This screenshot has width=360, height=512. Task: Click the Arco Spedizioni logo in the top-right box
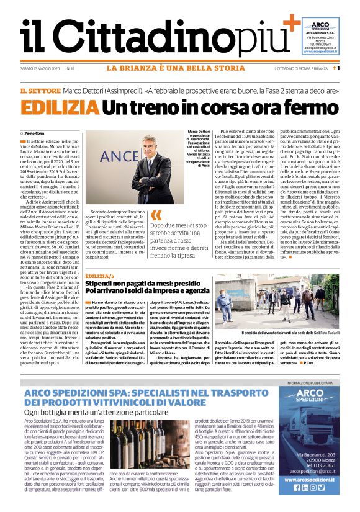pos(320,25)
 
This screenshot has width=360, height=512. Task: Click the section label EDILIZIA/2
pos(101,275)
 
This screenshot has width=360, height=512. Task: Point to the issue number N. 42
pos(71,68)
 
